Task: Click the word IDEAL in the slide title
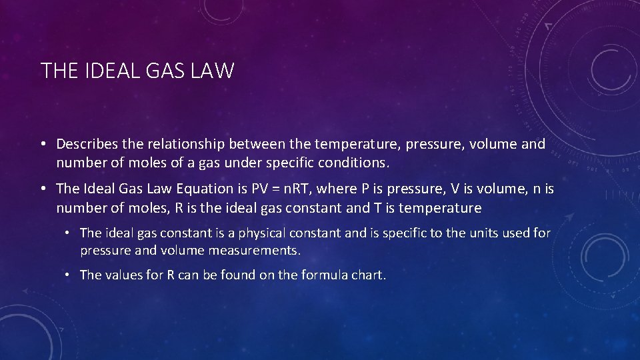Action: click(x=106, y=71)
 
